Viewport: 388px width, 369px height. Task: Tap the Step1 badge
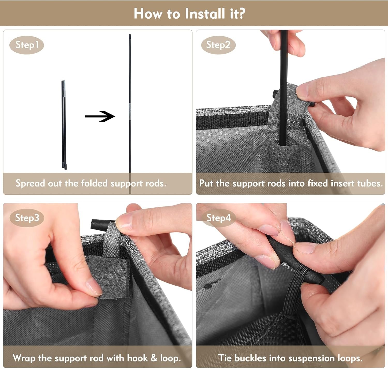(27, 45)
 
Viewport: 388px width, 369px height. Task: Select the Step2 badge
(218, 45)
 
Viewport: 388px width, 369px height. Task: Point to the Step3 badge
(27, 218)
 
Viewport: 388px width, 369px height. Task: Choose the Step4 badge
(219, 218)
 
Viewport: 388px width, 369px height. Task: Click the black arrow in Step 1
(100, 116)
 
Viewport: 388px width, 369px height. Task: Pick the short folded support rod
(64, 125)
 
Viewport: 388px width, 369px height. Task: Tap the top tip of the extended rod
(130, 35)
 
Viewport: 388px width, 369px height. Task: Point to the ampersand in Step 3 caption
(154, 358)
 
